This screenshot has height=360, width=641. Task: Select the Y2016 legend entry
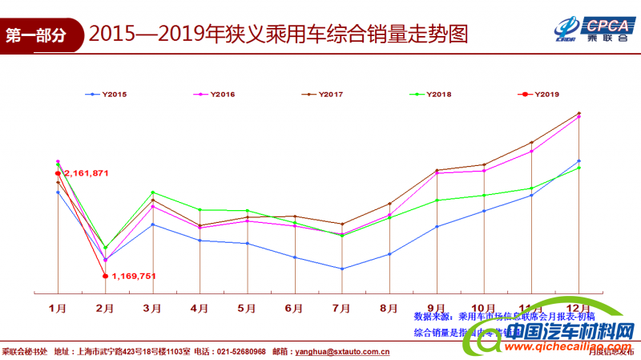(x=213, y=95)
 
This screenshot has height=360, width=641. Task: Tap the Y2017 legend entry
(x=321, y=95)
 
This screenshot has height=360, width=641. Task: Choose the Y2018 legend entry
(x=429, y=95)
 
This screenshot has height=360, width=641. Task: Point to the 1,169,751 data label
(x=133, y=276)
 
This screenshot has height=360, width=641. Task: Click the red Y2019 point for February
(x=105, y=276)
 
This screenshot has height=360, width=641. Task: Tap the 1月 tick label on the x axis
(x=58, y=307)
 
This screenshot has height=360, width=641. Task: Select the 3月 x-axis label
(x=152, y=307)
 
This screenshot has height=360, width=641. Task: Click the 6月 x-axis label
(x=294, y=307)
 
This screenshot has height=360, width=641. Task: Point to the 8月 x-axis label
(x=389, y=307)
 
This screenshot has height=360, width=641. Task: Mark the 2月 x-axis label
(x=105, y=307)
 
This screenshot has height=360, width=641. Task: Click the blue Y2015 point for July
(x=342, y=269)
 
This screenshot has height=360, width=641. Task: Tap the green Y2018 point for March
(x=152, y=192)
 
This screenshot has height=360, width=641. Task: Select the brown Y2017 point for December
(x=579, y=113)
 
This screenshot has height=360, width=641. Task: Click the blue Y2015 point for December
(x=579, y=161)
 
